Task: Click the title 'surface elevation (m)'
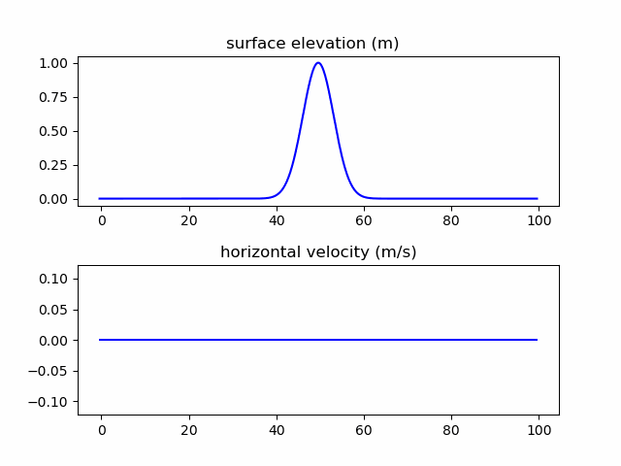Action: coord(312,44)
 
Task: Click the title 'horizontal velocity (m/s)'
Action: coord(318,252)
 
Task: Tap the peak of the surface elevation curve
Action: coord(317,63)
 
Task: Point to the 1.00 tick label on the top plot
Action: coord(54,63)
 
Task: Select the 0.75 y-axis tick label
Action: coord(54,97)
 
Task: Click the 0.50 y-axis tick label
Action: coord(54,131)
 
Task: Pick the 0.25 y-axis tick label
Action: coord(54,165)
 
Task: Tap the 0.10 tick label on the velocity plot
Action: coord(54,279)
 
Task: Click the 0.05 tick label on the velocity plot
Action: coord(54,310)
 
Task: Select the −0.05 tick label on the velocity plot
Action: coord(50,372)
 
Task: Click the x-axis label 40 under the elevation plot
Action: coord(277,220)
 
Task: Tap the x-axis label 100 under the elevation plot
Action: coord(539,220)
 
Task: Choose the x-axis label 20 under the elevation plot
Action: coord(188,220)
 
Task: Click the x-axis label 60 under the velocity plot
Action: coord(364,429)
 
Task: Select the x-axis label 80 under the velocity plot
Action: coord(451,429)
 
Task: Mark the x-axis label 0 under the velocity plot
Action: coord(101,429)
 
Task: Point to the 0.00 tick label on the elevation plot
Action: coord(54,199)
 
